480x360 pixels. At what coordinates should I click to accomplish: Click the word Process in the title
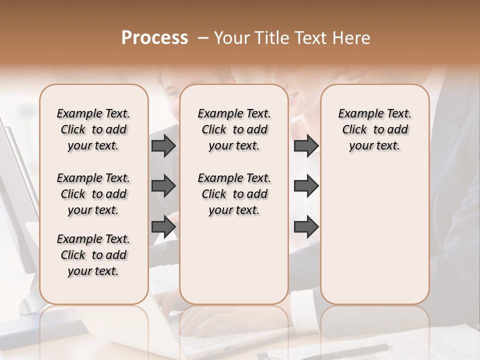pyautogui.click(x=154, y=38)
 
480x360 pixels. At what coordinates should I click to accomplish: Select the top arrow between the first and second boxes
pyautogui.click(x=163, y=145)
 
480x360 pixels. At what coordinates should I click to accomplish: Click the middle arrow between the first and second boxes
pyautogui.click(x=163, y=186)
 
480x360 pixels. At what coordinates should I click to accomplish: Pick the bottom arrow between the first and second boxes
pyautogui.click(x=163, y=227)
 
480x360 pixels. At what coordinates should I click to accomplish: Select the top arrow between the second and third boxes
pyautogui.click(x=306, y=145)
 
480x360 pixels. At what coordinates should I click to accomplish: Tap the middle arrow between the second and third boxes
pyautogui.click(x=306, y=186)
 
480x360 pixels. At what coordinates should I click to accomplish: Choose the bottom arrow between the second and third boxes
pyautogui.click(x=306, y=227)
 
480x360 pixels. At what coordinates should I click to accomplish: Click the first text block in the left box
pyautogui.click(x=93, y=129)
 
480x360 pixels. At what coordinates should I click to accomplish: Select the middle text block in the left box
pyautogui.click(x=93, y=194)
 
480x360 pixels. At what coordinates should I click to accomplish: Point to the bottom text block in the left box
pyautogui.click(x=93, y=255)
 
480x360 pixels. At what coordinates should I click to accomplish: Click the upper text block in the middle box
pyautogui.click(x=234, y=129)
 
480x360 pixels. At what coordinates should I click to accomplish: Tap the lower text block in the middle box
pyautogui.click(x=234, y=194)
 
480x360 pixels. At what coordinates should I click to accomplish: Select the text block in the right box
pyautogui.click(x=374, y=129)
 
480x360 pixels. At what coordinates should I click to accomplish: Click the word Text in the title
pyautogui.click(x=310, y=38)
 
